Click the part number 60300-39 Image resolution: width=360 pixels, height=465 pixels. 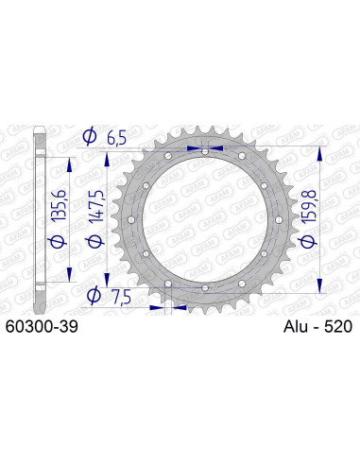click(x=42, y=327)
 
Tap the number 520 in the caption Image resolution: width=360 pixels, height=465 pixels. click(x=336, y=327)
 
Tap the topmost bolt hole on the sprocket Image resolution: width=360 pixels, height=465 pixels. click(x=205, y=148)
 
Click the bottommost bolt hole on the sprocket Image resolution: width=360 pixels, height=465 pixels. click(x=205, y=287)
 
